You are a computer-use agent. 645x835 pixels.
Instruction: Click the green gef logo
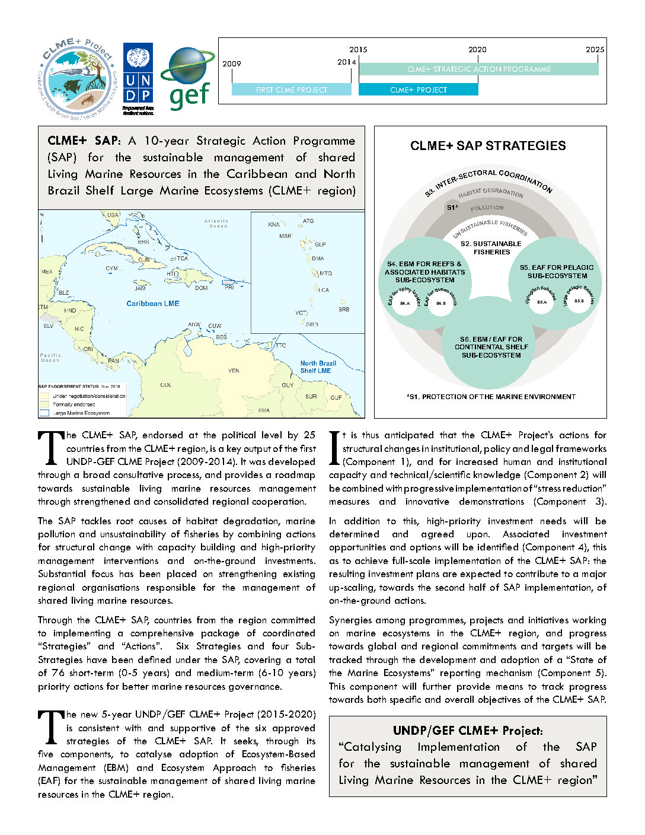[x=188, y=78]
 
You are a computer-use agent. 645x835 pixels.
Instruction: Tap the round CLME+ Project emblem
[x=78, y=78]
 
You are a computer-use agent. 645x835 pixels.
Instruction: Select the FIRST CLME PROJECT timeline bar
[x=291, y=90]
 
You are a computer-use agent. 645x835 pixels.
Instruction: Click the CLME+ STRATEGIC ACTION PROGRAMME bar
[x=478, y=69]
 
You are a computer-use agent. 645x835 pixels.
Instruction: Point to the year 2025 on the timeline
[x=595, y=50]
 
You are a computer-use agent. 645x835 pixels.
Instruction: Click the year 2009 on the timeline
[x=232, y=64]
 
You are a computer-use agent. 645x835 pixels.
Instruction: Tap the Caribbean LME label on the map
[x=152, y=304]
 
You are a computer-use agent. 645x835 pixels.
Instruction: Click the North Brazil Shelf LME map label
[x=318, y=367]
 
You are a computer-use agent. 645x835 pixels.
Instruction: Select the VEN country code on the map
[x=234, y=371]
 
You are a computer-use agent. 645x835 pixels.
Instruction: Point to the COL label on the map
[x=165, y=385]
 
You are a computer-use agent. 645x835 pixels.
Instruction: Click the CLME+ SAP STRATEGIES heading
[x=488, y=146]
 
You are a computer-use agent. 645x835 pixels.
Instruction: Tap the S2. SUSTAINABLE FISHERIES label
[x=491, y=248]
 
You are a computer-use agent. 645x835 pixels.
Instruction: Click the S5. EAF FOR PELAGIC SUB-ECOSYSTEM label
[x=557, y=272]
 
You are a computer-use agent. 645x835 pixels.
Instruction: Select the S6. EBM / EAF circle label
[x=491, y=348]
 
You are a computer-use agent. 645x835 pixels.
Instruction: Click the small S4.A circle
[x=405, y=303]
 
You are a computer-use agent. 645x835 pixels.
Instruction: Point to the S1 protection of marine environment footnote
[x=491, y=397]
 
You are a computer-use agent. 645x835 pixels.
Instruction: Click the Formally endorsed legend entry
[x=74, y=404]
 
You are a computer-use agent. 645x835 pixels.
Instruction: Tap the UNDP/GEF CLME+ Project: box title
[x=468, y=731]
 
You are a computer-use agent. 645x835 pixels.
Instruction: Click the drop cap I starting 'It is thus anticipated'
[x=334, y=448]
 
